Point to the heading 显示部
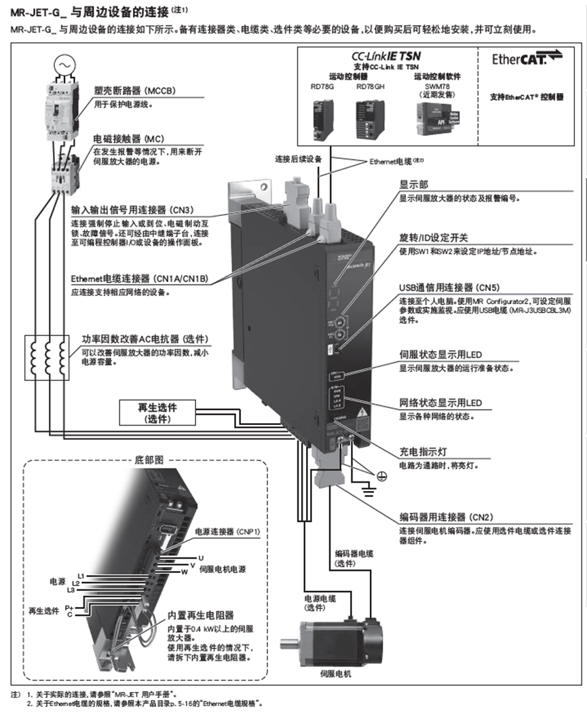pos(411,185)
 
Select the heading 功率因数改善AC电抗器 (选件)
pos(145,339)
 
